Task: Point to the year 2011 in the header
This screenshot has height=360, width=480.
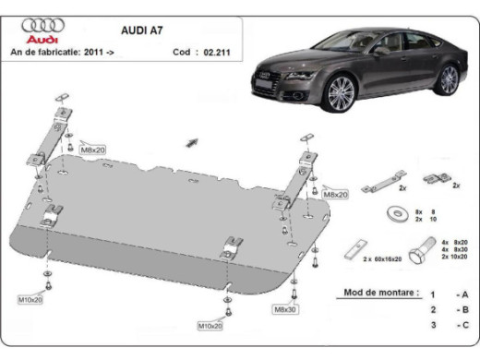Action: [93, 52]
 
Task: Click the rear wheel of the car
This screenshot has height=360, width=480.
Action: [449, 79]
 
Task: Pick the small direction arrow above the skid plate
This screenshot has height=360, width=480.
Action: [192, 141]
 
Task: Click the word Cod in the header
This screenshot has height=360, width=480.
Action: [182, 52]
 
